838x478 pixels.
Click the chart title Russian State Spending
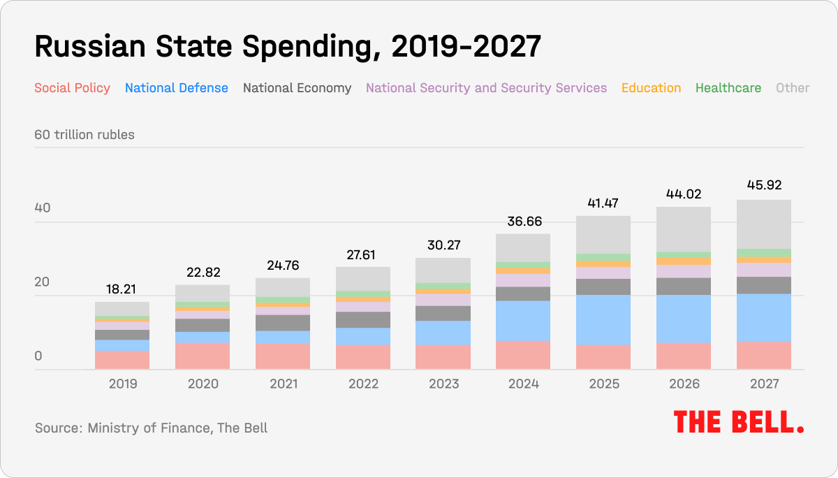click(x=287, y=47)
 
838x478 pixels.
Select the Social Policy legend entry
click(x=72, y=88)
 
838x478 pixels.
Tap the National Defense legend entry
click(x=176, y=88)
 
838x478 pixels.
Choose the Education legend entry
click(x=651, y=88)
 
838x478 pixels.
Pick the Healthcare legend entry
click(x=728, y=88)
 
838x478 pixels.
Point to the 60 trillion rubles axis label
click(x=84, y=134)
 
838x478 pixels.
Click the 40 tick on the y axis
click(x=43, y=208)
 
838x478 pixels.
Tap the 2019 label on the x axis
click(x=122, y=384)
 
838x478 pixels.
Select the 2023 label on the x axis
click(x=443, y=384)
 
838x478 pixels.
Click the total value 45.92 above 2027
click(x=764, y=186)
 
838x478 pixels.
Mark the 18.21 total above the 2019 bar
click(x=122, y=288)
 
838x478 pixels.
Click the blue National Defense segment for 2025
click(x=603, y=319)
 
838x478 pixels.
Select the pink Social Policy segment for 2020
click(x=203, y=356)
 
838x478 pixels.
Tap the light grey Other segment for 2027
click(x=764, y=224)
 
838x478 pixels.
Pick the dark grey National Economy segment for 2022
click(x=363, y=319)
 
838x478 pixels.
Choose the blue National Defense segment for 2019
click(x=122, y=345)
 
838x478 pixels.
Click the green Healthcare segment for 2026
click(x=684, y=255)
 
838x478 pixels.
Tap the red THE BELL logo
click(x=738, y=422)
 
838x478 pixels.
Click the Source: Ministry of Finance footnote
click(x=151, y=427)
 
